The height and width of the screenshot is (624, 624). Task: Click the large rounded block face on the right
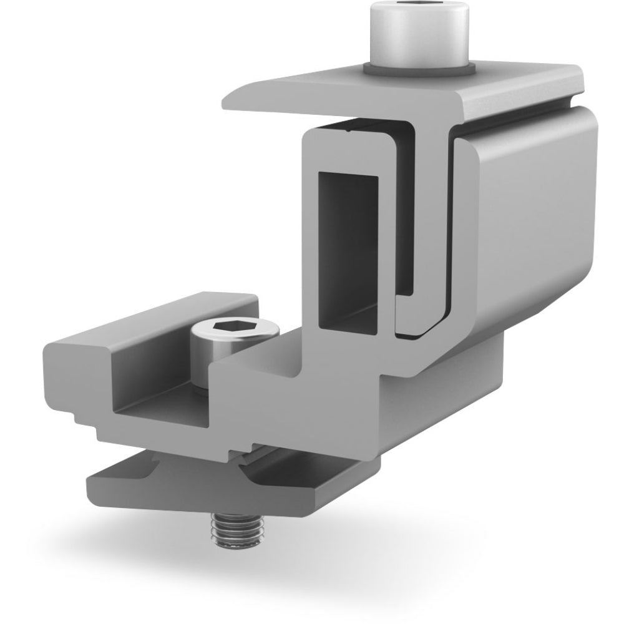(x=530, y=206)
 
